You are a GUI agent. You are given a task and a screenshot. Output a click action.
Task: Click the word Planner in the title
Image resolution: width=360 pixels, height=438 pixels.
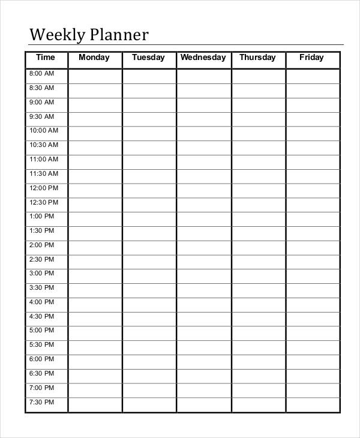click(119, 35)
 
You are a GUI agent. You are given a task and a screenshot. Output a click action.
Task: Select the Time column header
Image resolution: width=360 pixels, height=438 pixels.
click(45, 58)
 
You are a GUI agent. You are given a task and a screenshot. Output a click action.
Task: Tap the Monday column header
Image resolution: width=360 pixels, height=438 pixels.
click(94, 58)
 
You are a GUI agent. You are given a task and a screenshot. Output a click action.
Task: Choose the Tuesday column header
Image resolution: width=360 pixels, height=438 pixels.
click(148, 58)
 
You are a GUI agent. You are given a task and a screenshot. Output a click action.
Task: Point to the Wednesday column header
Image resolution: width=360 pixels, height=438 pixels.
click(203, 58)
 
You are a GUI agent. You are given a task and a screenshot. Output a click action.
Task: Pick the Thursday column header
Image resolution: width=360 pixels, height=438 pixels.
click(257, 58)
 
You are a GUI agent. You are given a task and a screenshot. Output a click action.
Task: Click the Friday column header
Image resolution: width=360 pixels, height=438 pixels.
click(311, 58)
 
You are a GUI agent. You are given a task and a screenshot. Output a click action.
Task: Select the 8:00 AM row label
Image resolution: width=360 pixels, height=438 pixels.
click(41, 74)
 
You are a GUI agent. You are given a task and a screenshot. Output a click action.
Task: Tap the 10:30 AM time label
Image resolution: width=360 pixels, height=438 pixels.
click(44, 145)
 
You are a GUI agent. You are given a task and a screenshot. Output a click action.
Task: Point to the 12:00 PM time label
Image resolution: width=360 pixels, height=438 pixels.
click(44, 188)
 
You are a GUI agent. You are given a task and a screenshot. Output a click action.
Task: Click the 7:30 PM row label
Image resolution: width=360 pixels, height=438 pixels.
click(41, 403)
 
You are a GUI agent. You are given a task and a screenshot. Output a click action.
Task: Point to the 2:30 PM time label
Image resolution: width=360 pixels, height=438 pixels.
click(41, 260)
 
